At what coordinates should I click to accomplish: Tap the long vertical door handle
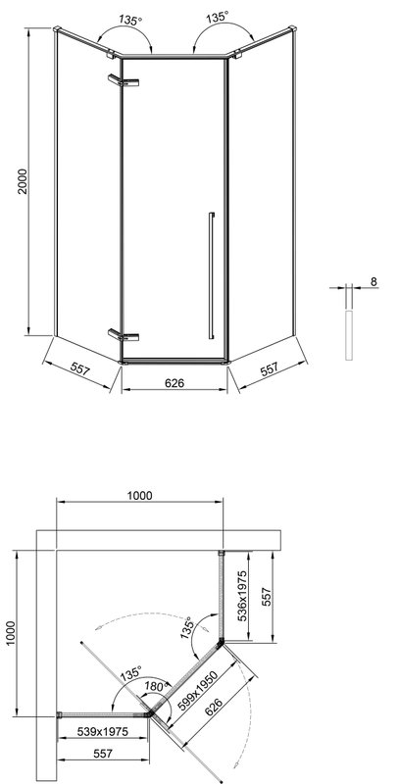tap(212, 275)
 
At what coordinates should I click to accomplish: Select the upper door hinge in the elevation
tap(123, 80)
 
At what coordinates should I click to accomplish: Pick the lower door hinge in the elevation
tap(123, 335)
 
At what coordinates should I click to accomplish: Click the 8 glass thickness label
tap(373, 281)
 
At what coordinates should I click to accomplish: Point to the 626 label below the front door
tap(174, 383)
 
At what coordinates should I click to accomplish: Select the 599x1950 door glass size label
tap(197, 692)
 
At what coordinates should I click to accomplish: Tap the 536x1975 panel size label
tap(242, 596)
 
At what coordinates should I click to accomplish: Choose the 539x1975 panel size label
tap(103, 731)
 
